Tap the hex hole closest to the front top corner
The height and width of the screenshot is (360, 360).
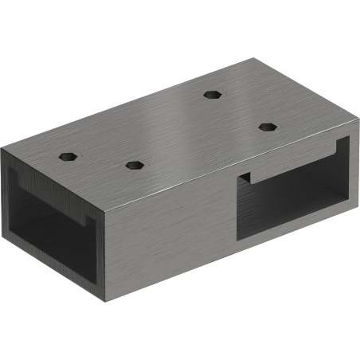tap(134, 165)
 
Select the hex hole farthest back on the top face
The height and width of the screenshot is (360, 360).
tap(211, 94)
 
